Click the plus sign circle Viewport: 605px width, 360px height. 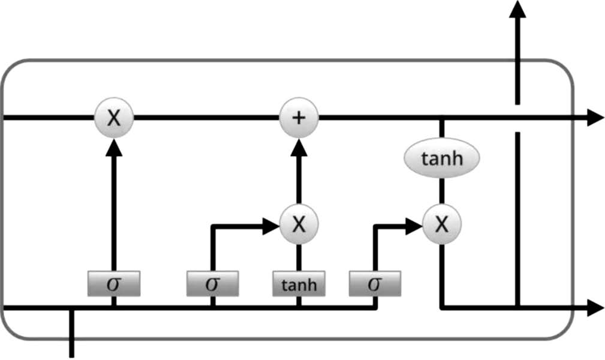(299, 118)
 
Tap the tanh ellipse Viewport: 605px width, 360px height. (442, 159)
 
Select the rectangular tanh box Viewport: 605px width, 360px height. (299, 283)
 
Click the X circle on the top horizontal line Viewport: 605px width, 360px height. (114, 118)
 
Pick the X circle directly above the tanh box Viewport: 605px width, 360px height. (299, 224)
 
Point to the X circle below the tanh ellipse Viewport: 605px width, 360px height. (442, 224)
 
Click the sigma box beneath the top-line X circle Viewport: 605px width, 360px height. (114, 283)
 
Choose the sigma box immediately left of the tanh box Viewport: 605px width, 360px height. (212, 283)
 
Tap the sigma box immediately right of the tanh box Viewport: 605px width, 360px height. (375, 283)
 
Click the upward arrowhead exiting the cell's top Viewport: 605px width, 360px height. (517, 8)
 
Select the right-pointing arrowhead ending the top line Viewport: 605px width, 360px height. (595, 118)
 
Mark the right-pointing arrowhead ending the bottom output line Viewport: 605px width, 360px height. (595, 308)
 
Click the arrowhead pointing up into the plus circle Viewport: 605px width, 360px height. (299, 145)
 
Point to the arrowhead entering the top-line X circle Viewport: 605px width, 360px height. (114, 145)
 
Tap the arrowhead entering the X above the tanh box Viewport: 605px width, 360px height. (272, 226)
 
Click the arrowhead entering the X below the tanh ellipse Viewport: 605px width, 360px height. (414, 226)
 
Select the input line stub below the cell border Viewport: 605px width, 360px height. (73, 348)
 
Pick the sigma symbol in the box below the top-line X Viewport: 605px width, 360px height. (114, 283)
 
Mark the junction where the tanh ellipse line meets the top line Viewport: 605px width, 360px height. (442, 118)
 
